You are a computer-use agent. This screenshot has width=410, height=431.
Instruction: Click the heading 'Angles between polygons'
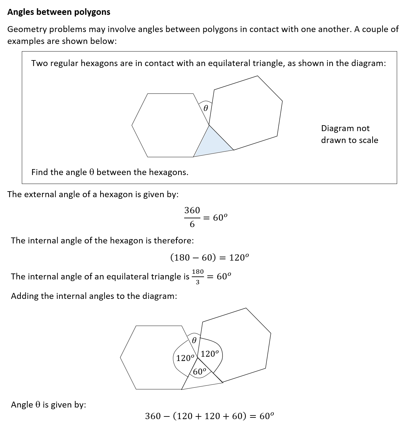59,12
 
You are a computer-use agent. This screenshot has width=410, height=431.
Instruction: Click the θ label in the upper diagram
205,108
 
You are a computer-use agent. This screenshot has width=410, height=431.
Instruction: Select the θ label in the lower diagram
194,340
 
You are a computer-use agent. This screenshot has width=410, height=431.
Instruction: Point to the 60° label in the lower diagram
200,372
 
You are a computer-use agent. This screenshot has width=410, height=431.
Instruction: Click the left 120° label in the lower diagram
185,358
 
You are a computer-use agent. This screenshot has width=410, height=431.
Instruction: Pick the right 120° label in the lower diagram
210,354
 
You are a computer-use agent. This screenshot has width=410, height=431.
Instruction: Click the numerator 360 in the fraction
192,210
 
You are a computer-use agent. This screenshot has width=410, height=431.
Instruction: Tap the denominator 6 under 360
192,225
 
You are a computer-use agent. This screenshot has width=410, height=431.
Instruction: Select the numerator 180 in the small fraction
198,271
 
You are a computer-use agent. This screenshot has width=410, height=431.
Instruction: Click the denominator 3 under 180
198,282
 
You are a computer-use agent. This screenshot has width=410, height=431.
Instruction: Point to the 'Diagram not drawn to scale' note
349,134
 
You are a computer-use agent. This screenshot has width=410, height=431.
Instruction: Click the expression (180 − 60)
193,258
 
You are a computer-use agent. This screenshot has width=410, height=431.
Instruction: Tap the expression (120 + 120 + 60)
210,416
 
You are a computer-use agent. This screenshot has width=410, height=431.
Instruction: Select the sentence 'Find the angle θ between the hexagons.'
110,172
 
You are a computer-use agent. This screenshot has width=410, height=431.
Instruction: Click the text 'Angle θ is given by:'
49,405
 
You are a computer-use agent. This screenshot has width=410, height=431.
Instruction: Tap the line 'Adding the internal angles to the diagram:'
94,296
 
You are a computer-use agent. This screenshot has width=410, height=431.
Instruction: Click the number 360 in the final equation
153,416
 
